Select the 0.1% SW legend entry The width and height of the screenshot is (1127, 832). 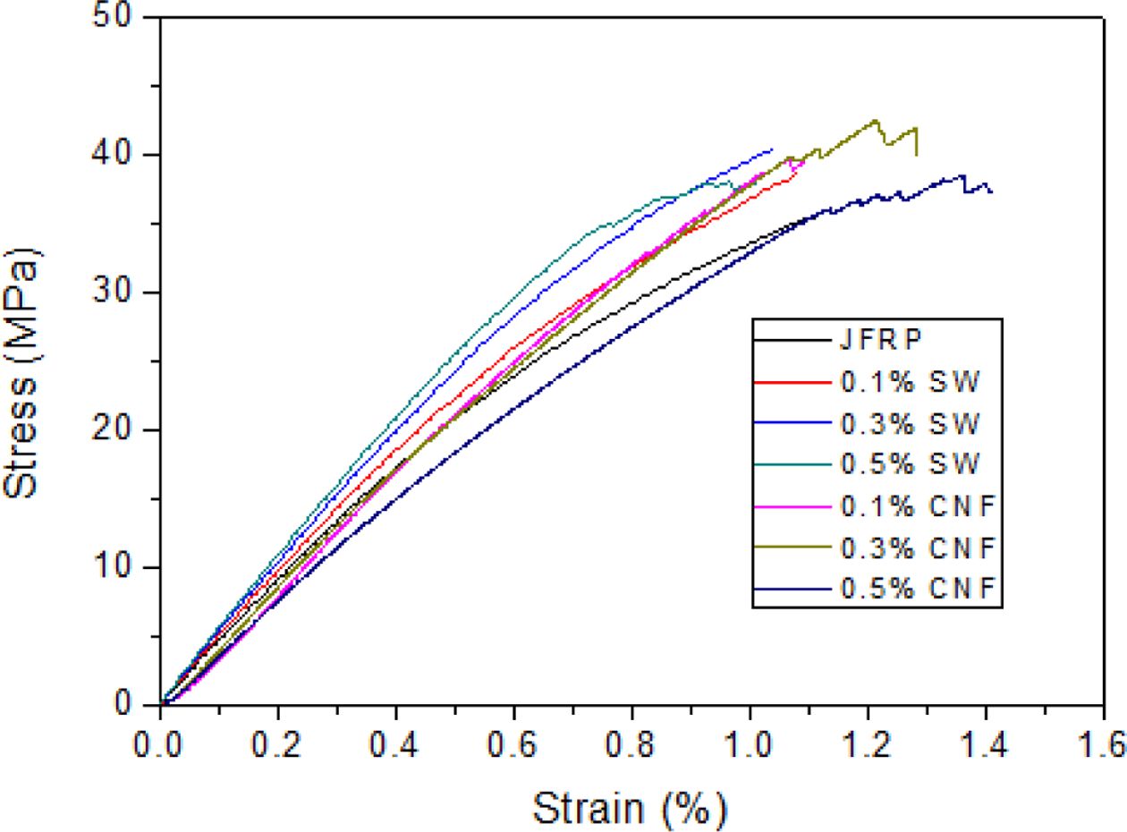911,382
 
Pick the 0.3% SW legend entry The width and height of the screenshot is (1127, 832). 911,423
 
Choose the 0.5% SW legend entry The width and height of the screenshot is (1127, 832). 911,464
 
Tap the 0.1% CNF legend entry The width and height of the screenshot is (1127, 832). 918,506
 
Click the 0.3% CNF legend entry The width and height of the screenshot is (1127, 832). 918,548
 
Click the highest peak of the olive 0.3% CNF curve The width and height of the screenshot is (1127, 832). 876,120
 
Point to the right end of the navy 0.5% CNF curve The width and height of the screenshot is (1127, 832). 991,191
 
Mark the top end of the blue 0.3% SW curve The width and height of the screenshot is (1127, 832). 772,149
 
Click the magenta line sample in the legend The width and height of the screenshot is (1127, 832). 792,506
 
